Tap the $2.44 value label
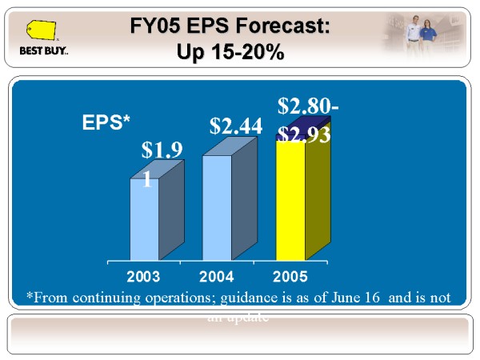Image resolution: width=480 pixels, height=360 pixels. point(236,126)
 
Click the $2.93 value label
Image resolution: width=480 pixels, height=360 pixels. point(305,134)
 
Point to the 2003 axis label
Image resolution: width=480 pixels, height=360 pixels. point(144,277)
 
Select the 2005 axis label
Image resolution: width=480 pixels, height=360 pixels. point(290,277)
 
